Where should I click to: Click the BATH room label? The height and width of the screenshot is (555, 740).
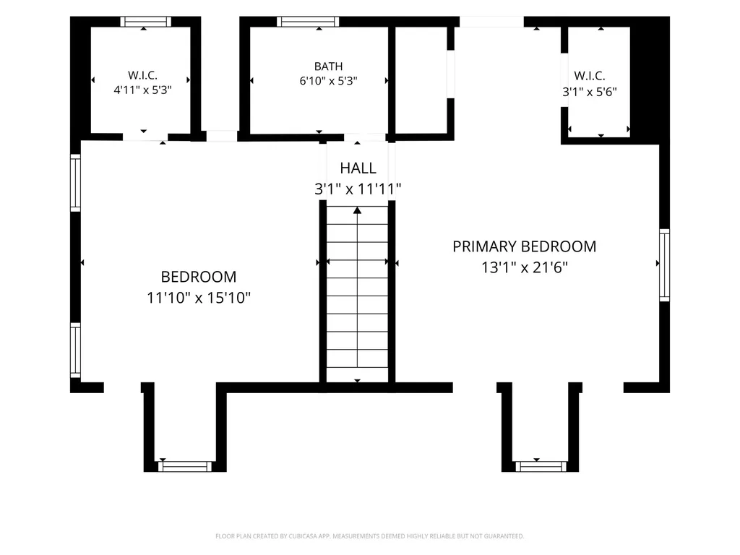pyautogui.click(x=329, y=66)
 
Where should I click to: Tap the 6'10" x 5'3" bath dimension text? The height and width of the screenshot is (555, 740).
pyautogui.click(x=329, y=81)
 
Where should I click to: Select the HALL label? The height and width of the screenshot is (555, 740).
pyautogui.click(x=358, y=168)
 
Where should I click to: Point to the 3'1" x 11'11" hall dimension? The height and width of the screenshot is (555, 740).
pyautogui.click(x=358, y=189)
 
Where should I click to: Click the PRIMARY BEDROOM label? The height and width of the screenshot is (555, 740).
pyautogui.click(x=525, y=246)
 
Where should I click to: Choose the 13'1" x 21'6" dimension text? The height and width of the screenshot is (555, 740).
pyautogui.click(x=525, y=267)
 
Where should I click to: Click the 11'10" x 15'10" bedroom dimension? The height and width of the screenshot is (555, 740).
pyautogui.click(x=199, y=298)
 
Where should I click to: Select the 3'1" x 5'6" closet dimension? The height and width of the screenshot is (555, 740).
pyautogui.click(x=590, y=92)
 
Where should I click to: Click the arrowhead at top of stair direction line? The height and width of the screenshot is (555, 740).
pyautogui.click(x=357, y=210)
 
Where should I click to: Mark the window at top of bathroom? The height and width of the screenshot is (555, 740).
pyautogui.click(x=308, y=22)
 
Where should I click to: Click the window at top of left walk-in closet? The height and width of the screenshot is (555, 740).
pyautogui.click(x=145, y=22)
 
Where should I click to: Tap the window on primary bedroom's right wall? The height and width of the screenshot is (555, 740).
pyautogui.click(x=665, y=264)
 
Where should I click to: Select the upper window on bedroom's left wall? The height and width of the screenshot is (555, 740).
pyautogui.click(x=75, y=183)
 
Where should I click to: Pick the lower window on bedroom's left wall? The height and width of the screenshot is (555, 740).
pyautogui.click(x=75, y=350)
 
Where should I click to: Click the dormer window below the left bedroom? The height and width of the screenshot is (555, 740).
pyautogui.click(x=185, y=466)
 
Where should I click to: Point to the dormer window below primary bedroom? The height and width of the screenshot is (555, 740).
pyautogui.click(x=541, y=466)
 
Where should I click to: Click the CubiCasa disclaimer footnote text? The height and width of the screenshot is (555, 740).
pyautogui.click(x=369, y=536)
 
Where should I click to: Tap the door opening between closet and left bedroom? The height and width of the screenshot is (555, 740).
pyautogui.click(x=145, y=137)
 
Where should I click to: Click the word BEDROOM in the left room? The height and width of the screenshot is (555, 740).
pyautogui.click(x=199, y=277)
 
